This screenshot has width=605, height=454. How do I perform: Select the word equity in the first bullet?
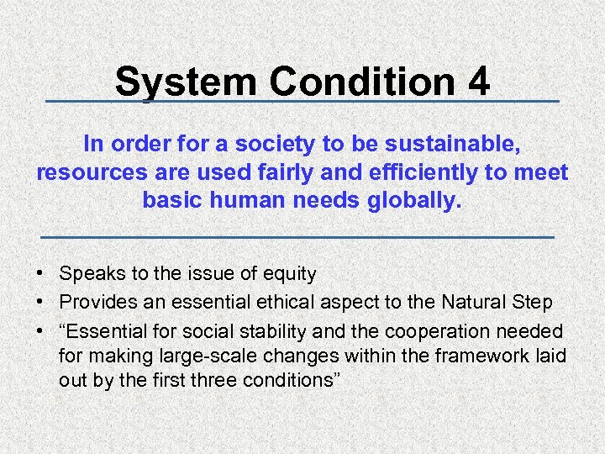coord(289,273)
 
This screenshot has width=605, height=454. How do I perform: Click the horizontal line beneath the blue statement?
coord(297,238)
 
